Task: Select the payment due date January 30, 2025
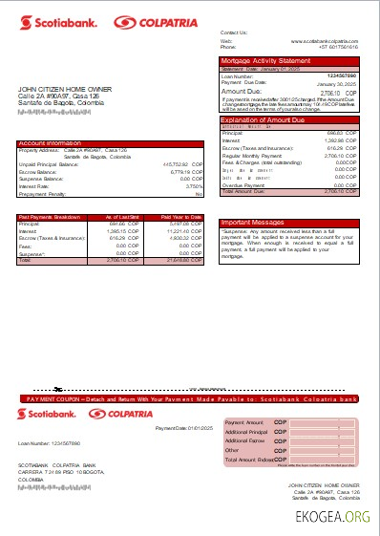(338, 84)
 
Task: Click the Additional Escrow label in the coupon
(245, 440)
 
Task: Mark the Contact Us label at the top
(234, 32)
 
